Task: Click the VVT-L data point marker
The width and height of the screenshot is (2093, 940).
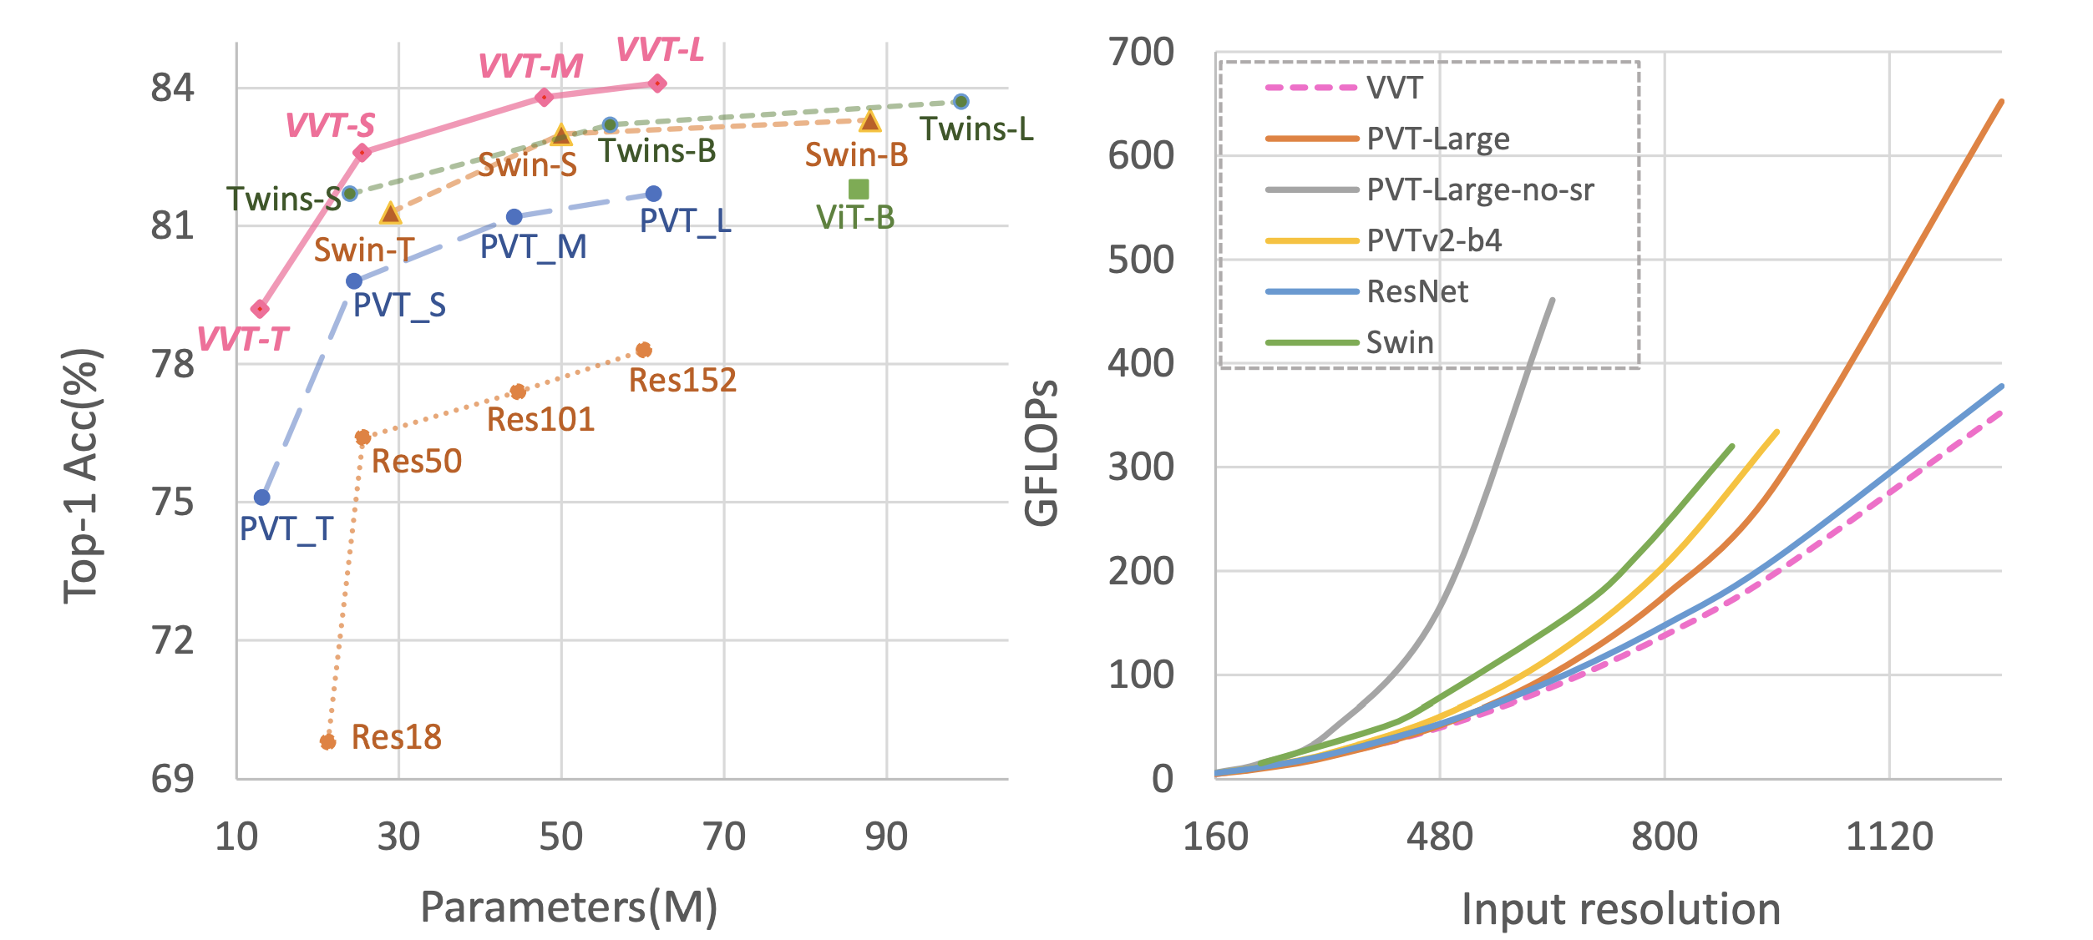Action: click(x=657, y=83)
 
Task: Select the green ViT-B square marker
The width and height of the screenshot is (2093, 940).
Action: click(x=859, y=190)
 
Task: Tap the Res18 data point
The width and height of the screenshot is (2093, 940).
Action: click(x=328, y=741)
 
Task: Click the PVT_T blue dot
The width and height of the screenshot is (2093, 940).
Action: click(x=262, y=498)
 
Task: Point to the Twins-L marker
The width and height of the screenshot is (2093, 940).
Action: click(x=961, y=102)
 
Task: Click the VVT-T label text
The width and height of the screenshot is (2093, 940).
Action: click(x=243, y=340)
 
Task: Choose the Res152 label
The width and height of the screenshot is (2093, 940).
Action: click(x=682, y=381)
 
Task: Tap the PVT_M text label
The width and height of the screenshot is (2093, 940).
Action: click(x=533, y=247)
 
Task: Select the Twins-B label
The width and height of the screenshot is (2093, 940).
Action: click(x=656, y=151)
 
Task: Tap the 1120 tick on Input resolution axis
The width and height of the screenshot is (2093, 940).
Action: click(x=1889, y=837)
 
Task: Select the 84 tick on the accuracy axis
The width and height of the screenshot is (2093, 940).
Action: click(x=172, y=88)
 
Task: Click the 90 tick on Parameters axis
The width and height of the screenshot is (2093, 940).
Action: click(x=886, y=837)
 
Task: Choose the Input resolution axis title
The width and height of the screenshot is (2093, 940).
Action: click(x=1620, y=909)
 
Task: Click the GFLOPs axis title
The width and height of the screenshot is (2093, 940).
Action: click(x=1041, y=452)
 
